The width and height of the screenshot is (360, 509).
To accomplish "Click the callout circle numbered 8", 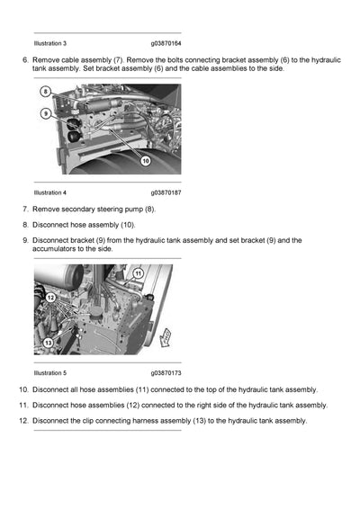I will tap(46, 92).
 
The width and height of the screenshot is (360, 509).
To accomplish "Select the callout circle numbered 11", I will tap(138, 272).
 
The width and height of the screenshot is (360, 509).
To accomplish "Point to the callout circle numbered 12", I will tap(50, 297).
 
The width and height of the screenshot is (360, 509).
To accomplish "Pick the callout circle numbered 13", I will tap(48, 343).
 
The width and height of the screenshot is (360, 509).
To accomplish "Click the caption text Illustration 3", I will tap(49, 42).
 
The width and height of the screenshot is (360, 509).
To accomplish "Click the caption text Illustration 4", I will tap(49, 192).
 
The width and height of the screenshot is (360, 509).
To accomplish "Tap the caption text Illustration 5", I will tap(49, 372).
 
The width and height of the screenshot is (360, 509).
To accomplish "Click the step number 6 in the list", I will tap(24, 59).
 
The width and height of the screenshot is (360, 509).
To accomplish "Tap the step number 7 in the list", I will tap(24, 209).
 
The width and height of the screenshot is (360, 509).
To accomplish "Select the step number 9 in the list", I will tap(24, 240).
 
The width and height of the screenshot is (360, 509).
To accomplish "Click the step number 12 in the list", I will tap(22, 420).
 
